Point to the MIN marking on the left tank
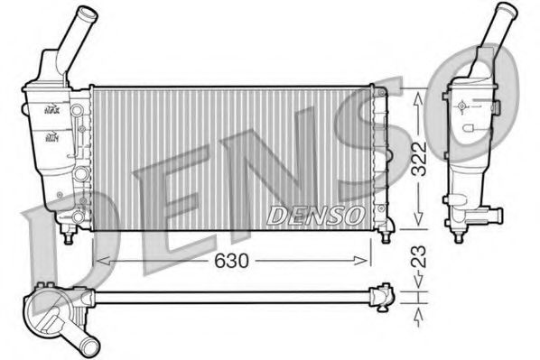coord(52,138)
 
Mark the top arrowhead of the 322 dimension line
coord(417,94)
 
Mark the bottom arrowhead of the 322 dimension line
coord(417,225)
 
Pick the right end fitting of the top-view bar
coord(385,295)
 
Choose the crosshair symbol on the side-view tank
coord(462,106)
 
